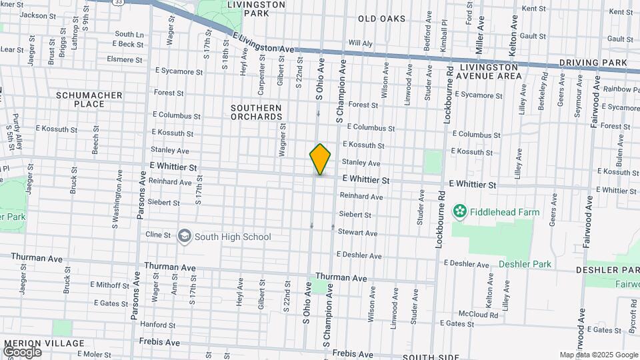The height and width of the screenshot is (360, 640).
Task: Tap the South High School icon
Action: coord(184,236)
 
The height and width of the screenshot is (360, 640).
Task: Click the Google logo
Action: coord(22,351)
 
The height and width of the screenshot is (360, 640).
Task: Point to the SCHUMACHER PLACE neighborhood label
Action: coord(89,99)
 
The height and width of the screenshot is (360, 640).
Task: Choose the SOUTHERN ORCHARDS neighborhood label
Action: coord(256,112)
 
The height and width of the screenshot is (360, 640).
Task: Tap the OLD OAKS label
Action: coord(381,19)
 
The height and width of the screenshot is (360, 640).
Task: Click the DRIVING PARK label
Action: coord(593,63)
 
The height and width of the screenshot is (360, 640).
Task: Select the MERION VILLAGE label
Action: coord(45,343)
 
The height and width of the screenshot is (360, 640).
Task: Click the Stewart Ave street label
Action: coord(358,233)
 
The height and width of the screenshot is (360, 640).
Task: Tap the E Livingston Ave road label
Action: coord(263,41)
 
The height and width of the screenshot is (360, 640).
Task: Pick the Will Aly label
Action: coord(361,43)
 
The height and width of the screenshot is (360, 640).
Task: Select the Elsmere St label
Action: coord(125,59)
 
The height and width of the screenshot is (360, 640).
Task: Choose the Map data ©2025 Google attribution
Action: coord(598,355)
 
